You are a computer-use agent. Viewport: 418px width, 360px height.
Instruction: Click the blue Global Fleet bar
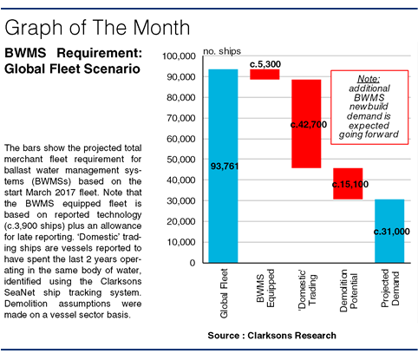tap(223, 166)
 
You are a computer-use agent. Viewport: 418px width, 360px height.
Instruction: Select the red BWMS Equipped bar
tap(265, 75)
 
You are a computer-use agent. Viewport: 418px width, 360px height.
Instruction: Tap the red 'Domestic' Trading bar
tap(306, 124)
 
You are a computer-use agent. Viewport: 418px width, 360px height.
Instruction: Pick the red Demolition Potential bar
tap(348, 184)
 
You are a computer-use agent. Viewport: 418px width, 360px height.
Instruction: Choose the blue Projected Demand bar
tap(389, 231)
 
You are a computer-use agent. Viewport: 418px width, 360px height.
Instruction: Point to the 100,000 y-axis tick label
tap(179, 56)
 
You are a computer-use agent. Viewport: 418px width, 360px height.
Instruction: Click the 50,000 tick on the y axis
tap(181, 160)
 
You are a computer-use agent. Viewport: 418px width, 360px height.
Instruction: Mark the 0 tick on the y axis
tap(193, 263)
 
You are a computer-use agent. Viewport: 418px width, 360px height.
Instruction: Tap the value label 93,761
tap(225, 167)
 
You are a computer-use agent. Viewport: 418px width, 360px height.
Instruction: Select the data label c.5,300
tap(265, 64)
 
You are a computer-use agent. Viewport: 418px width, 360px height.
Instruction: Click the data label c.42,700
tap(309, 125)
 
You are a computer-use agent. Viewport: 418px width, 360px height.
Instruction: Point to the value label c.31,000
tap(392, 232)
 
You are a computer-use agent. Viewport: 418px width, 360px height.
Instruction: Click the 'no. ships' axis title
tap(222, 51)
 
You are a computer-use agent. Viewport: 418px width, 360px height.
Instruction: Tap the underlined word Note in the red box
tap(369, 79)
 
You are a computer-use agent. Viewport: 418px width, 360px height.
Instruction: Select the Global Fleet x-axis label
tap(224, 293)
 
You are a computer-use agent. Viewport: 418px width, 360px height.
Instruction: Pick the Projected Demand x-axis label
tap(390, 288)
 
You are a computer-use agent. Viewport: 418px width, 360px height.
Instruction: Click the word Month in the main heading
tap(161, 28)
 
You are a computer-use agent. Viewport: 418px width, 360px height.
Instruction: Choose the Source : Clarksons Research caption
tap(272, 336)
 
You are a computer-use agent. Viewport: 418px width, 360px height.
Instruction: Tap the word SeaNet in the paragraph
tap(19, 292)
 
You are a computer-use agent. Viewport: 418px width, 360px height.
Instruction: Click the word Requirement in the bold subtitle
tap(100, 53)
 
